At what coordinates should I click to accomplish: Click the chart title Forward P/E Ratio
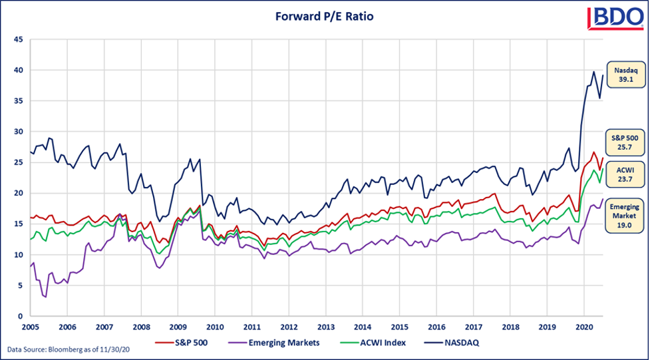click(x=325, y=16)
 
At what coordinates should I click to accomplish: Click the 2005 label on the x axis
click(x=29, y=327)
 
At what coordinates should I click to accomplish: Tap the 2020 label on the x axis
click(x=583, y=327)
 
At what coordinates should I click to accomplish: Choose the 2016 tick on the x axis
click(x=436, y=327)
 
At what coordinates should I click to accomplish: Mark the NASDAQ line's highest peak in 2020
click(x=593, y=71)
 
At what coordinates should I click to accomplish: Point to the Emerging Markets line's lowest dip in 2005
click(x=45, y=296)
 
